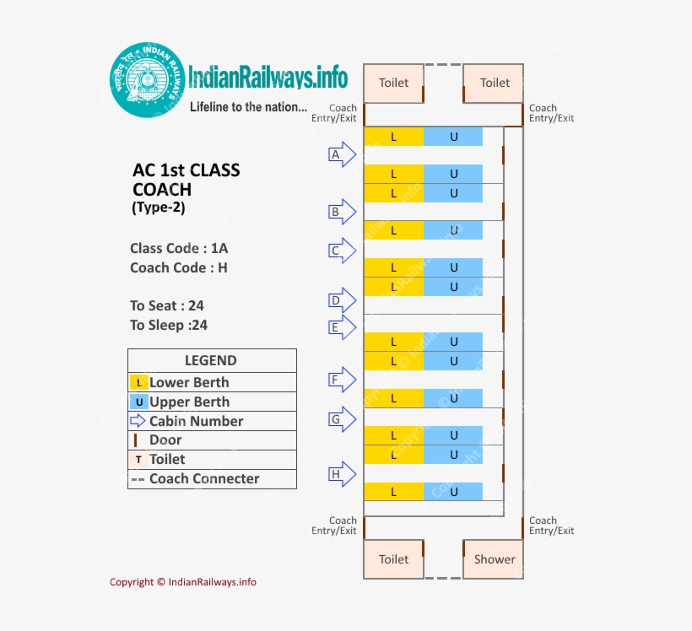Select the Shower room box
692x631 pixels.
[494, 558]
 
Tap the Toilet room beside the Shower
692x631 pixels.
[393, 558]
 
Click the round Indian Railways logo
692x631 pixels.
[149, 80]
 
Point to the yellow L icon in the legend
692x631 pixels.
[139, 383]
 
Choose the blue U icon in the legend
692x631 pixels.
[139, 402]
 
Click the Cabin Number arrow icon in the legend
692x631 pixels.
[138, 421]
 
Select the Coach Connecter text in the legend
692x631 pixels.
[204, 479]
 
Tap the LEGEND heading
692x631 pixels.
[211, 361]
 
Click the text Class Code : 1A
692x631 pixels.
[179, 248]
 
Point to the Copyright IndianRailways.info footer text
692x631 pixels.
[183, 582]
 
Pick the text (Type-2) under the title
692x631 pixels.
[159, 208]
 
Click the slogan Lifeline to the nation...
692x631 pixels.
[248, 107]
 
